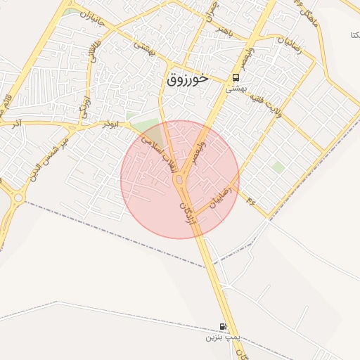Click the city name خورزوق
(188, 79)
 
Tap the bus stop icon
(236, 78)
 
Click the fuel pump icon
(223, 326)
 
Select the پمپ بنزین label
(223, 337)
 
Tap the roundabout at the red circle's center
(180, 180)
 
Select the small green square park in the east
(278, 167)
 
